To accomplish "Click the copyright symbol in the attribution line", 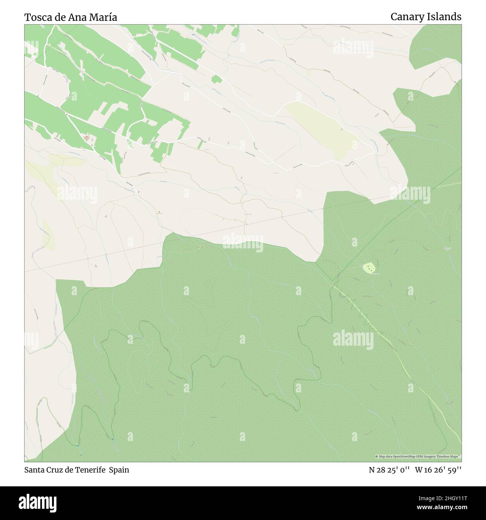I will click(x=377, y=456).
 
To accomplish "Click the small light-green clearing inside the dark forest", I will click(x=370, y=268).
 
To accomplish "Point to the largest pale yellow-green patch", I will click(x=320, y=129).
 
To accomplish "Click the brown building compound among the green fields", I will click(x=87, y=138).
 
